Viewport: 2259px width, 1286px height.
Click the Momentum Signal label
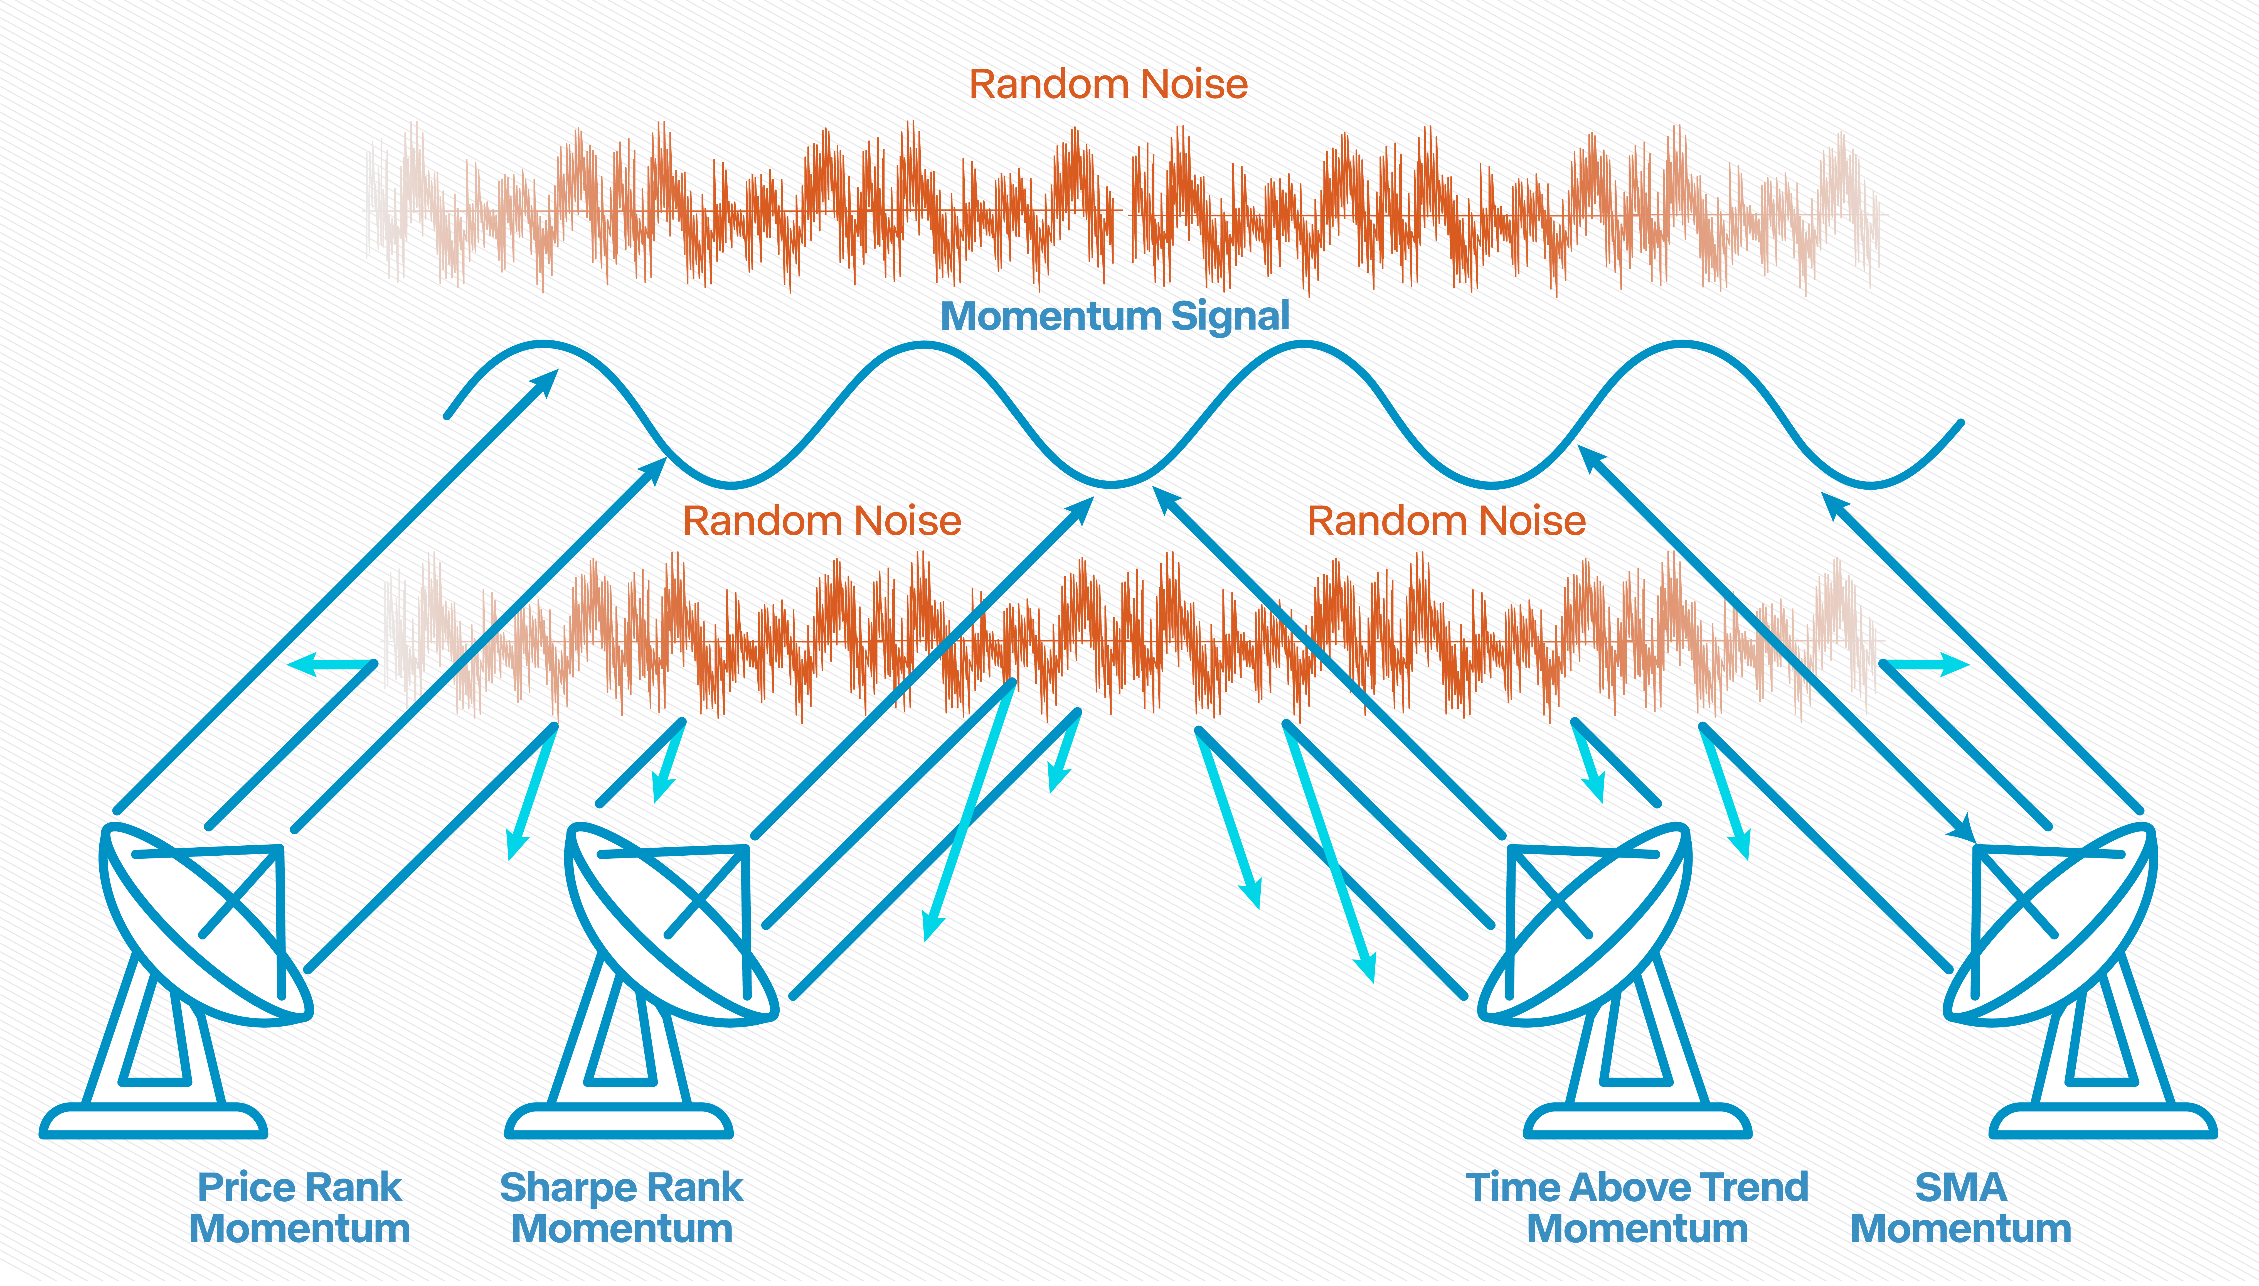pyautogui.click(x=1115, y=316)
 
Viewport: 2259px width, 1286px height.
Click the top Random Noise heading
pyautogui.click(x=1109, y=85)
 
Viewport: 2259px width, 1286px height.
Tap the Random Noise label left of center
pyautogui.click(x=822, y=521)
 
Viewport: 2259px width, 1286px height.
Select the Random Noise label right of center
pyautogui.click(x=1447, y=521)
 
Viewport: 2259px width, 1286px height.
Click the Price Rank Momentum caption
pyautogui.click(x=300, y=1208)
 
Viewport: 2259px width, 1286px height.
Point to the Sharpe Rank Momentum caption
pyautogui.click(x=622, y=1208)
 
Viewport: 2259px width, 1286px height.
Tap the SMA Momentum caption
pyautogui.click(x=1961, y=1208)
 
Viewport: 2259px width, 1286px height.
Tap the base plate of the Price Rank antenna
pyautogui.click(x=153, y=1121)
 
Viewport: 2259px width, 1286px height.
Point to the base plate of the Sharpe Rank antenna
pyautogui.click(x=619, y=1121)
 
